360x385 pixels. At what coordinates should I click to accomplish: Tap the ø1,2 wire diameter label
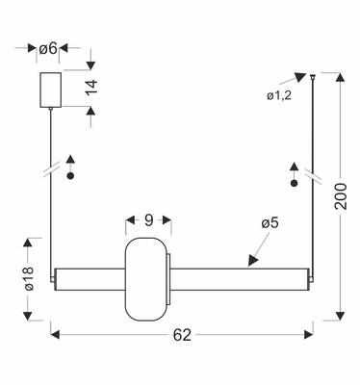click(x=280, y=94)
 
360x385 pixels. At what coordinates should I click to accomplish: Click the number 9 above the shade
click(x=149, y=220)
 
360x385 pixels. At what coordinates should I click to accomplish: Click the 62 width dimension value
click(x=182, y=337)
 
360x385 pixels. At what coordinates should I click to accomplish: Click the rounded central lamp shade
click(x=148, y=278)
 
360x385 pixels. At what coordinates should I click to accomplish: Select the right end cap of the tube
click(x=311, y=278)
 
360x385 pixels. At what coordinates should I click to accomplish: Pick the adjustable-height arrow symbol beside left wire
click(x=69, y=167)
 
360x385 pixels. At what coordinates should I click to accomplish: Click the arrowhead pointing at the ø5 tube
click(x=252, y=261)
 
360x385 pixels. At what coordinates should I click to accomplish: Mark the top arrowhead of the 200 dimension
click(x=339, y=76)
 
